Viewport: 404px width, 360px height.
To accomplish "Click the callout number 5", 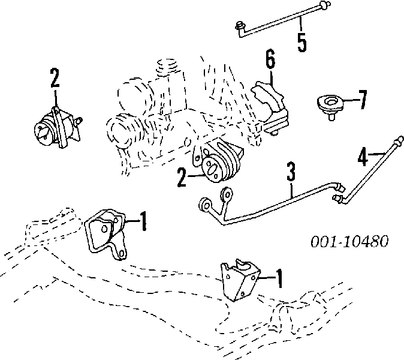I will coord(302,42).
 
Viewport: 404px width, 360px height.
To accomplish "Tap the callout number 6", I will coord(270,60).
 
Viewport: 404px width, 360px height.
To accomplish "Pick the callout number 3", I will coord(291,173).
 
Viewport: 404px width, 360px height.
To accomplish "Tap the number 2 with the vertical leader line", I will coord(55,77).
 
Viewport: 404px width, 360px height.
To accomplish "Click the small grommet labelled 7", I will coord(328,105).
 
